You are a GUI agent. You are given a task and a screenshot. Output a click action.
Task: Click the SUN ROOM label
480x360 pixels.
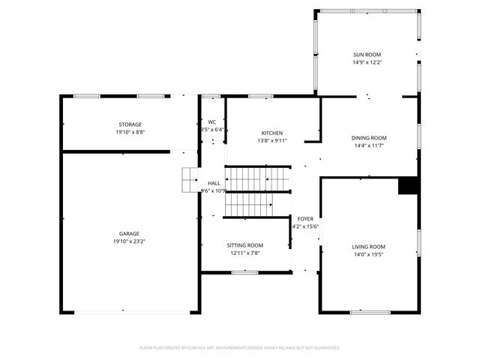[x=367, y=55]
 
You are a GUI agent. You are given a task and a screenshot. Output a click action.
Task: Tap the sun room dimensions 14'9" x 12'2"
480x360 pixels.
[x=367, y=63]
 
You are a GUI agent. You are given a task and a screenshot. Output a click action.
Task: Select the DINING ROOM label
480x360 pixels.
[x=369, y=138]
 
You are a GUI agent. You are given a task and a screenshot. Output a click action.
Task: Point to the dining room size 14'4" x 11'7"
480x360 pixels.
[x=369, y=146]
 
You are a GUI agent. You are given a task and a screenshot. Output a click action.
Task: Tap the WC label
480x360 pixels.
[x=212, y=121]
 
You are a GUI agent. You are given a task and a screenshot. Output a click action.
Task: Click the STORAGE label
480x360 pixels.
[x=130, y=124]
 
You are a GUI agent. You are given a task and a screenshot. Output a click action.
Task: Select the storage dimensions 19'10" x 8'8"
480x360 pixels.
[x=130, y=133]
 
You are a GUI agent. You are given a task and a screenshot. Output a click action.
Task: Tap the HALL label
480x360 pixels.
[x=214, y=183]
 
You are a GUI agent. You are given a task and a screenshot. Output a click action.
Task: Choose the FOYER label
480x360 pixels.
[x=304, y=218]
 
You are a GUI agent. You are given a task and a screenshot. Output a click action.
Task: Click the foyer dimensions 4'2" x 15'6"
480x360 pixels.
[x=305, y=226]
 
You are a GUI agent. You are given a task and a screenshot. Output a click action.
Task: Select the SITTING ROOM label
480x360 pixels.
[x=245, y=245]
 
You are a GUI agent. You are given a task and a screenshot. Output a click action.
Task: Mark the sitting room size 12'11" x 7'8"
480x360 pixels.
[x=245, y=253]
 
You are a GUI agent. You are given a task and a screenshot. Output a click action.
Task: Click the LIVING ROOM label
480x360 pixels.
[x=368, y=247]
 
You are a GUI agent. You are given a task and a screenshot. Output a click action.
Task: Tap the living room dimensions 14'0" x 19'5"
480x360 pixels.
[x=368, y=255]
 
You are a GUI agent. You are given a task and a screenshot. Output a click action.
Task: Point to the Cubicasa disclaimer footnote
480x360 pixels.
[x=240, y=348]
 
